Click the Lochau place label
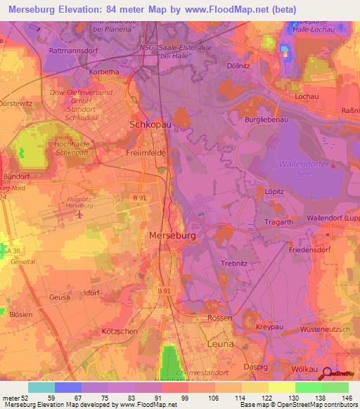tap(307, 95)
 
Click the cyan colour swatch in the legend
tap(41, 387)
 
